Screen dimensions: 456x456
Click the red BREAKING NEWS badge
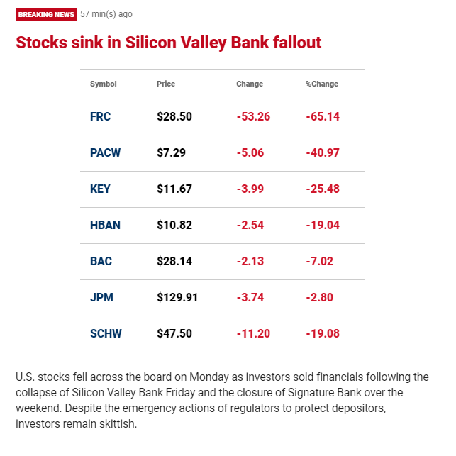point(46,15)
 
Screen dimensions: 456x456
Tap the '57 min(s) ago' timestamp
point(106,14)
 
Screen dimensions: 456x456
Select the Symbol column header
point(104,84)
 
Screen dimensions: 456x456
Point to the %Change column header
point(322,84)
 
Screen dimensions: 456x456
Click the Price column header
point(166,84)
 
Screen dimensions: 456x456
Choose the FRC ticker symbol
point(100,116)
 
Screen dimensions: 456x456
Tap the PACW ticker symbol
point(105,152)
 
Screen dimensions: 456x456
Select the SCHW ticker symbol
point(106,333)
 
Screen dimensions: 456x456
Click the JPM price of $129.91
point(177,298)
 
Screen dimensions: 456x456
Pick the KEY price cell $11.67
point(174,189)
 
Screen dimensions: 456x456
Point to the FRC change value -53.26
point(253,116)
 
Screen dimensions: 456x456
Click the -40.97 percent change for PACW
point(323,152)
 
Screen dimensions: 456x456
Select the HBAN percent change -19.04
point(323,225)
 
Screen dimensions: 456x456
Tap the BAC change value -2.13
point(250,261)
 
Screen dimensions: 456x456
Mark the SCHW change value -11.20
point(253,333)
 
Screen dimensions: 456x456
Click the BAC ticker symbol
point(101,261)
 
